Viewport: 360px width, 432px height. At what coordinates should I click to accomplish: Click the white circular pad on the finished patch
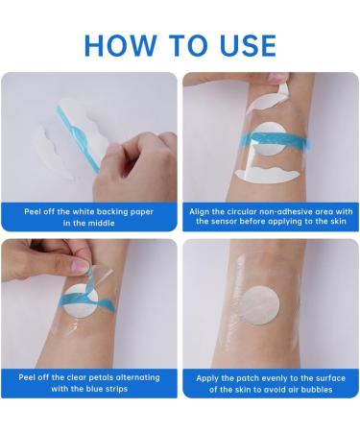[259, 305]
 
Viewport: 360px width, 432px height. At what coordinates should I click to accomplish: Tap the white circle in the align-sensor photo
[270, 138]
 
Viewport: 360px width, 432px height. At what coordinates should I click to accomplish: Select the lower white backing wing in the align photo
[268, 174]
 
